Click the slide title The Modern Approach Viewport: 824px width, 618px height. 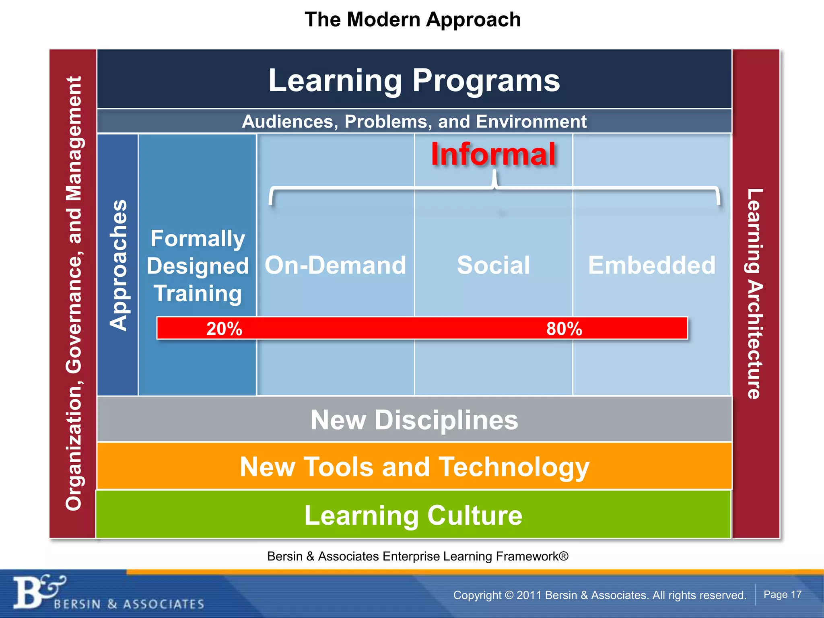(412, 19)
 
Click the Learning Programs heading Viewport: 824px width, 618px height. (414, 80)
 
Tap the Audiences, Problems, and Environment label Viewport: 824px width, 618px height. (414, 122)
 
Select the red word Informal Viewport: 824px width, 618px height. (493, 154)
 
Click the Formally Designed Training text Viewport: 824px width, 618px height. (198, 266)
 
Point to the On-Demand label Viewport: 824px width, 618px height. (335, 266)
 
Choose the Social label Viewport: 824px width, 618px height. (493, 266)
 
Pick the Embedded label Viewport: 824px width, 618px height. (652, 266)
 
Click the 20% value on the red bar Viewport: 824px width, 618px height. (224, 329)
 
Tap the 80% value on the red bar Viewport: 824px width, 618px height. (564, 329)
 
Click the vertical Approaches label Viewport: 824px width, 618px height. (118, 265)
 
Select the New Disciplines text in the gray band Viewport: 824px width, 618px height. (414, 420)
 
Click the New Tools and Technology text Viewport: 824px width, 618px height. (414, 467)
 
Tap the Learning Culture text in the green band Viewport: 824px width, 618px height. (413, 515)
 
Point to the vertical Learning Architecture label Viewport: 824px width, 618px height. (755, 294)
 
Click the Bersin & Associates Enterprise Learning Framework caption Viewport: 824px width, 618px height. (418, 556)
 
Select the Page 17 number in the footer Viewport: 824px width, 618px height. (782, 594)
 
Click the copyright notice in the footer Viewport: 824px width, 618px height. (599, 595)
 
